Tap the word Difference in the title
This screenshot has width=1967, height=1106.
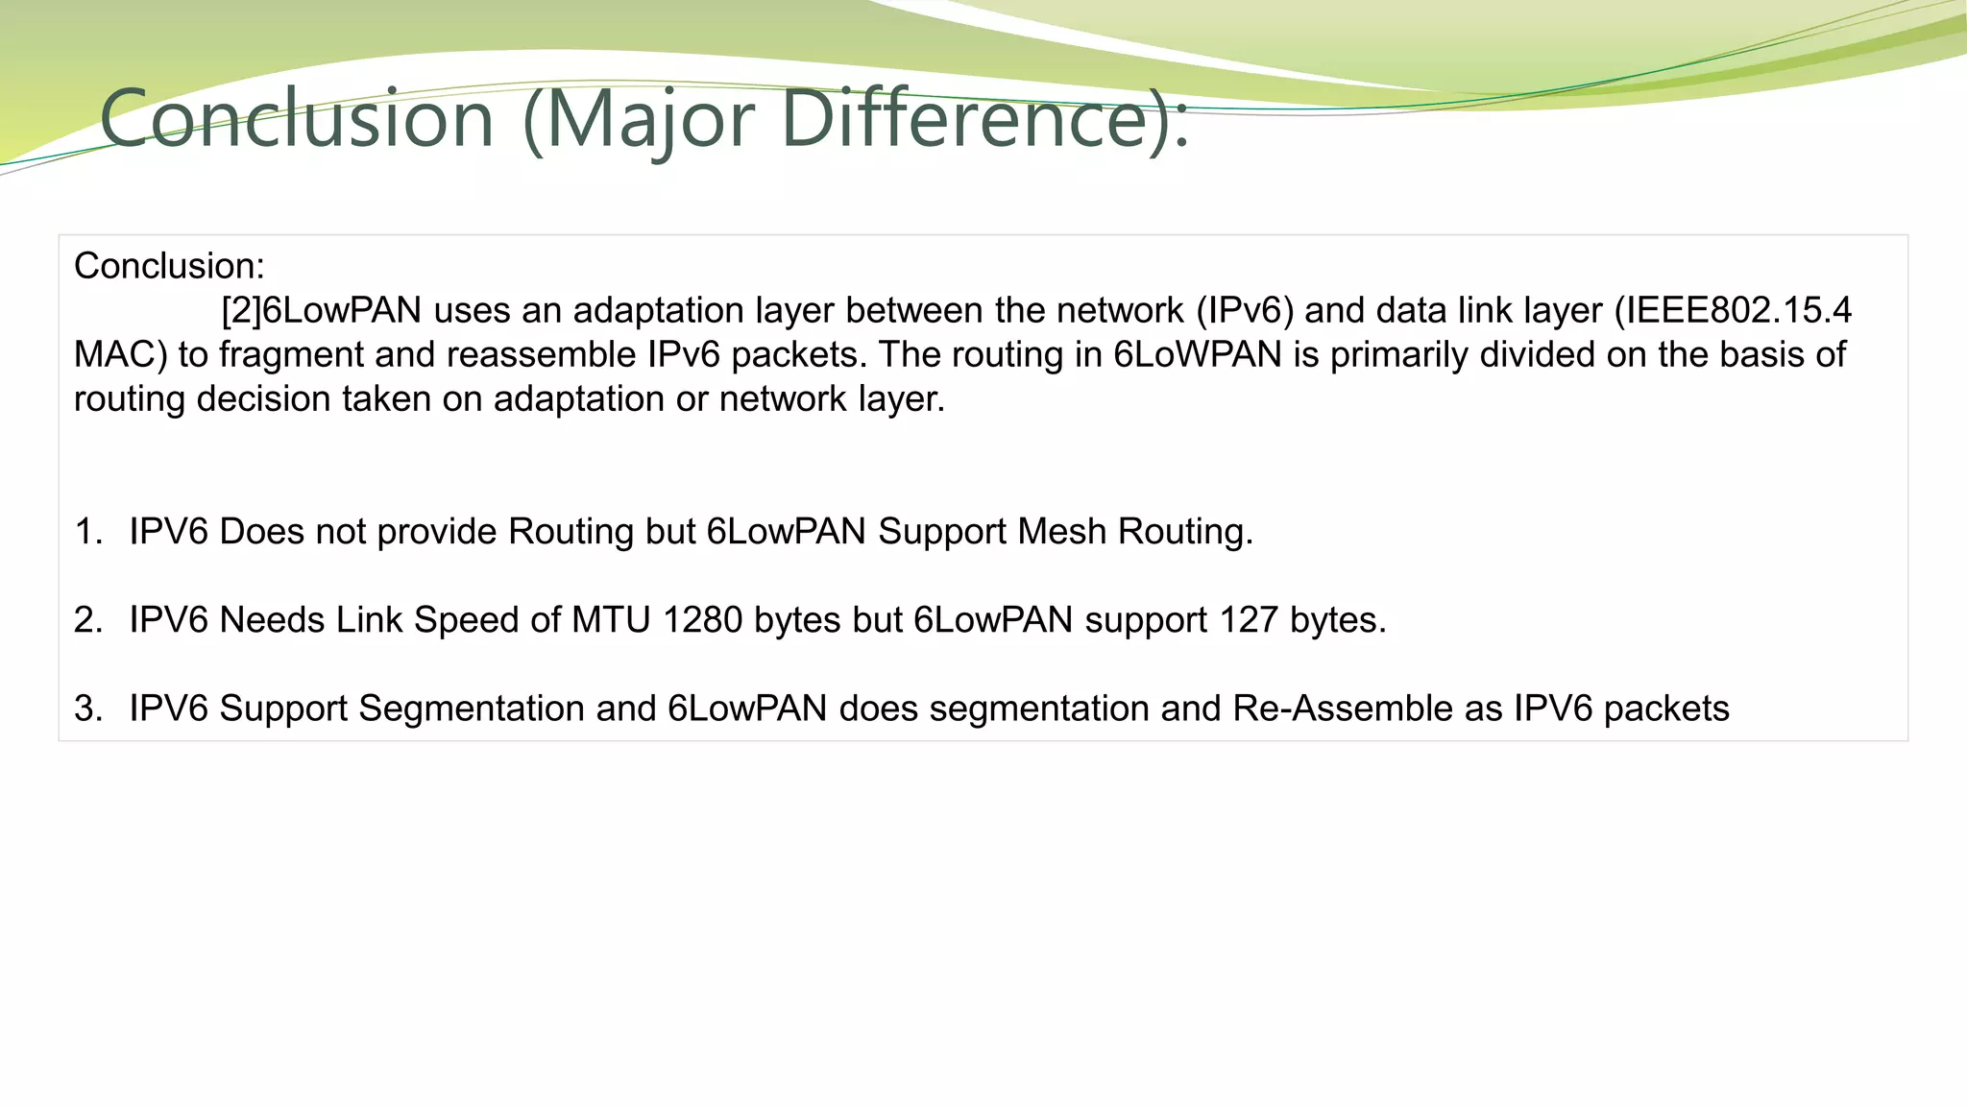(971, 119)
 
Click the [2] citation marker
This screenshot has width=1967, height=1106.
(241, 311)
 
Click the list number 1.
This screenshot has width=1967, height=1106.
(86, 532)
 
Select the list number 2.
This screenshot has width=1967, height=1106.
(86, 620)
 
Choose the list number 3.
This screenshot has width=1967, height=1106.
(86, 709)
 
